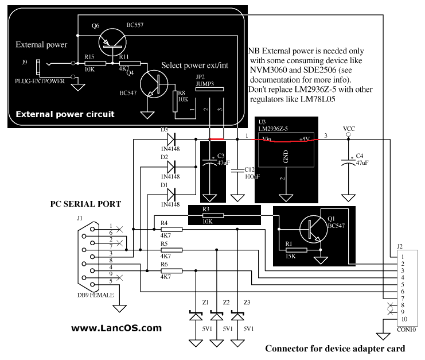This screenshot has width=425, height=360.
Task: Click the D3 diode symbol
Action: pyautogui.click(x=170, y=138)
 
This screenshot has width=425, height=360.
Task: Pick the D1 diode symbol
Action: pyautogui.click(x=170, y=193)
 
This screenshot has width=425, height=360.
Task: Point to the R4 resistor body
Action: pyautogui.click(x=171, y=229)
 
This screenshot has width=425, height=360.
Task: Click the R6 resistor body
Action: pyautogui.click(x=171, y=270)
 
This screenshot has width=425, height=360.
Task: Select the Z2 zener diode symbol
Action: pyautogui.click(x=216, y=316)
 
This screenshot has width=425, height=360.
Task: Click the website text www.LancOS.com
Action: pyautogui.click(x=116, y=328)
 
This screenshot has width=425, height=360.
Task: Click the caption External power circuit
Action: pyautogui.click(x=65, y=114)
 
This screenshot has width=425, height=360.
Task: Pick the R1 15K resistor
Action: pyautogui.click(x=297, y=249)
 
